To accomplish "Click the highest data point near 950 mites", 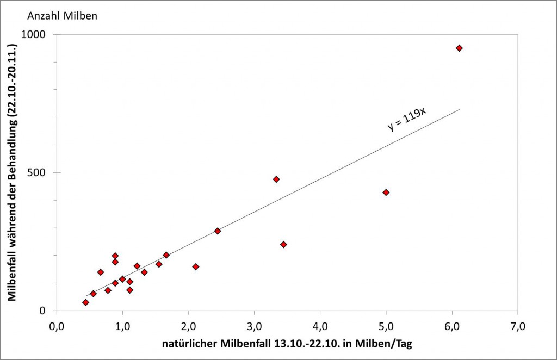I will pos(459,48).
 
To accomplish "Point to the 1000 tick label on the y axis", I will pos(35,34).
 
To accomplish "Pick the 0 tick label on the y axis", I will pos(43,311).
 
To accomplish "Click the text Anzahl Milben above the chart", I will pos(63,16).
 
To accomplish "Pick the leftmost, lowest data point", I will pos(85,302).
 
